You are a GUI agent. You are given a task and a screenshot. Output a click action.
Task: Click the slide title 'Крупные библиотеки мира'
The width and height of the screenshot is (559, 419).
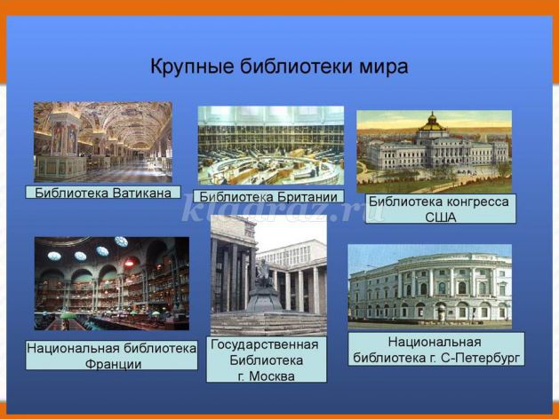point(279,67)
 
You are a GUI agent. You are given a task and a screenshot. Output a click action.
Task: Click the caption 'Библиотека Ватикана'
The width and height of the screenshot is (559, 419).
point(103,193)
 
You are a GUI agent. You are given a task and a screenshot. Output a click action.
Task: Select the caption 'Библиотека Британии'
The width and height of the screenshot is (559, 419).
point(268,196)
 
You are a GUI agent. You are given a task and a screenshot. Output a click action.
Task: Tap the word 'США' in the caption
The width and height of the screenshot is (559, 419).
point(440,217)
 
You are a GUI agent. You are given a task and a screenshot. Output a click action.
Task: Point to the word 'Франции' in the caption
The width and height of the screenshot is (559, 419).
point(114,364)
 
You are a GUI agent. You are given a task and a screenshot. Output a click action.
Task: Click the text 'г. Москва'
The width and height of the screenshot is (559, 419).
point(266,376)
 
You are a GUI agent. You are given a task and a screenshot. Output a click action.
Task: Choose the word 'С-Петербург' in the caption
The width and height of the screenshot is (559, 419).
point(481,358)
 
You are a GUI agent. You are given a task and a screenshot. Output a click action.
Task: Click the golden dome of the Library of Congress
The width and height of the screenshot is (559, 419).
point(433,123)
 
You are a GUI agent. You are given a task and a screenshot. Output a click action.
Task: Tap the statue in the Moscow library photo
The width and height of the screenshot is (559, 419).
point(263,273)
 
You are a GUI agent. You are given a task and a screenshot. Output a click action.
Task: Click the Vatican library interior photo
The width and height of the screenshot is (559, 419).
point(103,142)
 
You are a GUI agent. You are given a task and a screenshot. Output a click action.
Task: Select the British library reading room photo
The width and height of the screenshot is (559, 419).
point(271,146)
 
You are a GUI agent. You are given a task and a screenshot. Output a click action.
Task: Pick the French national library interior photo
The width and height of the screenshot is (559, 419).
point(112,284)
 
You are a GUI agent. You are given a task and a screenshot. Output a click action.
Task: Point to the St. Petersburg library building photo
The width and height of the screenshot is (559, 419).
point(429,287)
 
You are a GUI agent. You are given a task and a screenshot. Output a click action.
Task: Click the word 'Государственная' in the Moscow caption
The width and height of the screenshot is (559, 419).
point(265,344)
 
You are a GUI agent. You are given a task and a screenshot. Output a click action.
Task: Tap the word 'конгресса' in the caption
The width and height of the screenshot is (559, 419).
point(478,202)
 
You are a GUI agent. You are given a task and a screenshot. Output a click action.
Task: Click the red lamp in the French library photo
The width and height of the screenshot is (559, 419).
point(129,263)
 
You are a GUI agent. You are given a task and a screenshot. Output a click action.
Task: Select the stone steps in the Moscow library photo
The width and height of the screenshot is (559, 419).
point(268,324)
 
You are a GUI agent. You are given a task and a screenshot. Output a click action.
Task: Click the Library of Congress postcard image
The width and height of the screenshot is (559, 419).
point(435,152)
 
